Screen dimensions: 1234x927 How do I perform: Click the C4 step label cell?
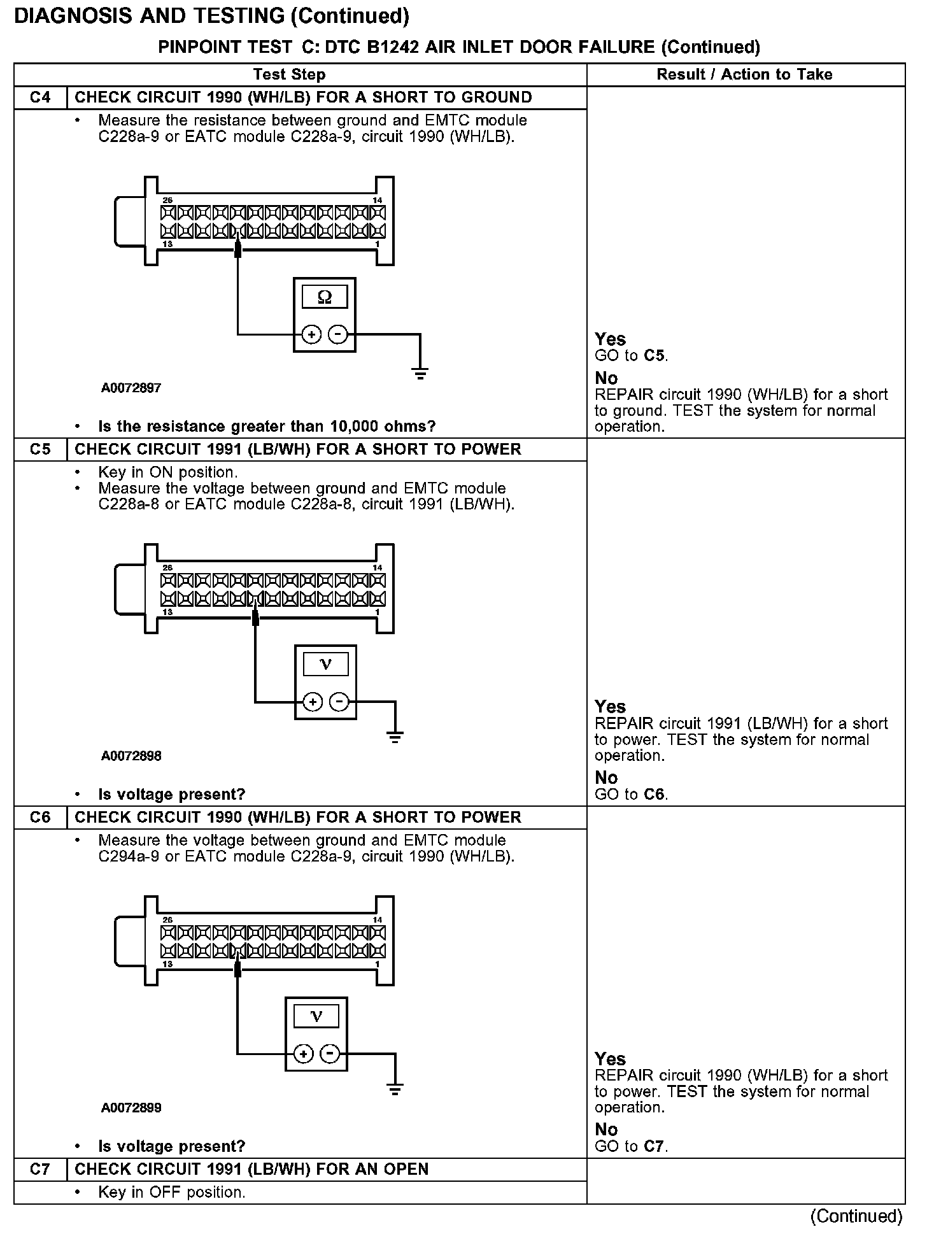[40, 97]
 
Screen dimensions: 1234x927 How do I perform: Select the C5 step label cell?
[40, 450]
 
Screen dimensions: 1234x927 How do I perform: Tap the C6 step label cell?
[40, 818]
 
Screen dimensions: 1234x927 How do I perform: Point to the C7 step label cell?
[40, 1170]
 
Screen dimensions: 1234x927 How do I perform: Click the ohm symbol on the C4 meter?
[325, 297]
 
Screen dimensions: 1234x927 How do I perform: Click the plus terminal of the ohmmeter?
[311, 334]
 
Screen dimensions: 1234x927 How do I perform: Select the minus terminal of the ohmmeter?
[337, 334]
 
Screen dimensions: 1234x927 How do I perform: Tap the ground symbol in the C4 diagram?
[420, 373]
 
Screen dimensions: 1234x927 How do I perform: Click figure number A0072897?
[131, 388]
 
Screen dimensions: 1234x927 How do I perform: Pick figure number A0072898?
[131, 756]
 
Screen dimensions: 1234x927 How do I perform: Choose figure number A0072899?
[131, 1108]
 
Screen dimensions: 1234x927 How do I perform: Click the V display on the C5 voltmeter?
[325, 665]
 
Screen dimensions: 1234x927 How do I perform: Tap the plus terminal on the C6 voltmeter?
[304, 1054]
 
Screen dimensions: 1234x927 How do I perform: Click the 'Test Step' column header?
[289, 74]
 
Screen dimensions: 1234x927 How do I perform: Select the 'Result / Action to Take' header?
[744, 74]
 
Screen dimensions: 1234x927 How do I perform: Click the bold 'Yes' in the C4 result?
[610, 339]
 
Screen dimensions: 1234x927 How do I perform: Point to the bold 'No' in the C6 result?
[606, 1130]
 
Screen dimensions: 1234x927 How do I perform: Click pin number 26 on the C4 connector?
[167, 201]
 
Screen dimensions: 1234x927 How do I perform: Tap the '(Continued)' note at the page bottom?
[856, 1216]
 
